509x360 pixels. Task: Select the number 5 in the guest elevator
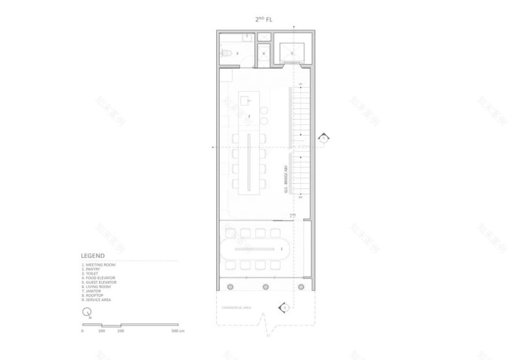click(x=292, y=54)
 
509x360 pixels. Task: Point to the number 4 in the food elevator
click(x=264, y=54)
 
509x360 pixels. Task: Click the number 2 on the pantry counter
click(x=249, y=116)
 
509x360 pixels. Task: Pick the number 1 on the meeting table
click(x=281, y=248)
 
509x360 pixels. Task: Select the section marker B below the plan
click(x=284, y=307)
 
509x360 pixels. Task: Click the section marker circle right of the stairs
click(x=324, y=139)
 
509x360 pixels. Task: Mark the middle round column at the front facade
click(x=265, y=287)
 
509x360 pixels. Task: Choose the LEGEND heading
click(x=93, y=255)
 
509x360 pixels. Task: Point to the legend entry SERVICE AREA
click(x=98, y=300)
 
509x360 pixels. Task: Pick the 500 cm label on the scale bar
click(x=177, y=331)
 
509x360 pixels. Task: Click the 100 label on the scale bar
click(x=102, y=331)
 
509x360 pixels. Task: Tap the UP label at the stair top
click(x=300, y=85)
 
